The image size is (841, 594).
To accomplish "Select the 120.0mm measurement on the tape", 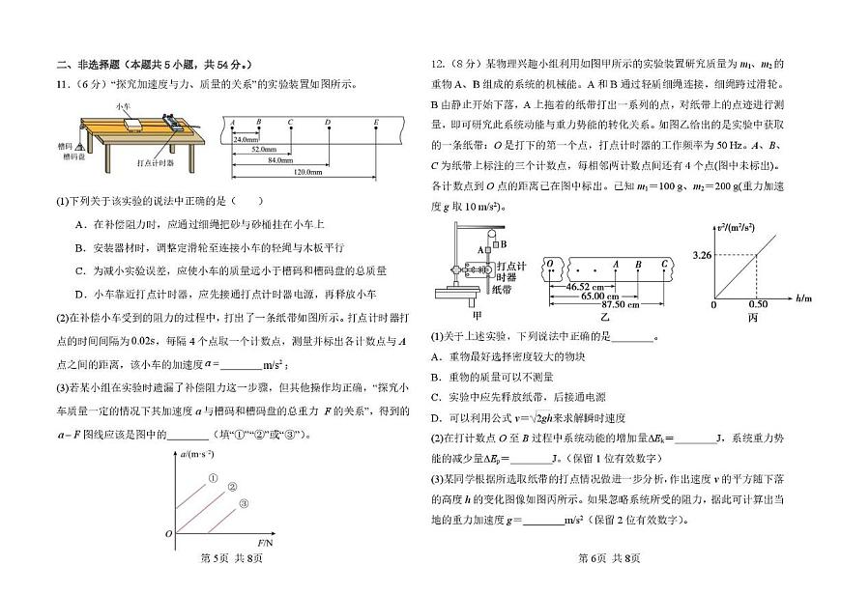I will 306,172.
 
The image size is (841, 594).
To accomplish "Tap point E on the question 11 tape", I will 376,123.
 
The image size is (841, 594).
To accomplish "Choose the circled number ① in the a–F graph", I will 212,477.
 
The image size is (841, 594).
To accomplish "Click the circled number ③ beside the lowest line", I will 245,503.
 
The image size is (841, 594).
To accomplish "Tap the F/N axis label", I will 268,545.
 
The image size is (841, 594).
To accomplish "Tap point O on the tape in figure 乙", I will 549,262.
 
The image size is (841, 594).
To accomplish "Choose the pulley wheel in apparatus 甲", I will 489,233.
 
